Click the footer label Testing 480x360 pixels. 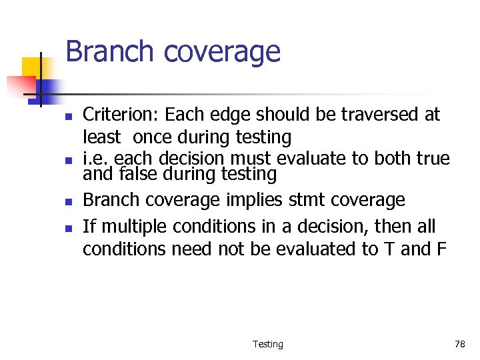tap(267, 344)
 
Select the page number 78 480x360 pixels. tap(459, 344)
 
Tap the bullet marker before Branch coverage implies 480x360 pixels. tap(68, 201)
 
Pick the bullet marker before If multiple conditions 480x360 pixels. tap(68, 227)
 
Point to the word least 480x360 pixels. tap(101, 138)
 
